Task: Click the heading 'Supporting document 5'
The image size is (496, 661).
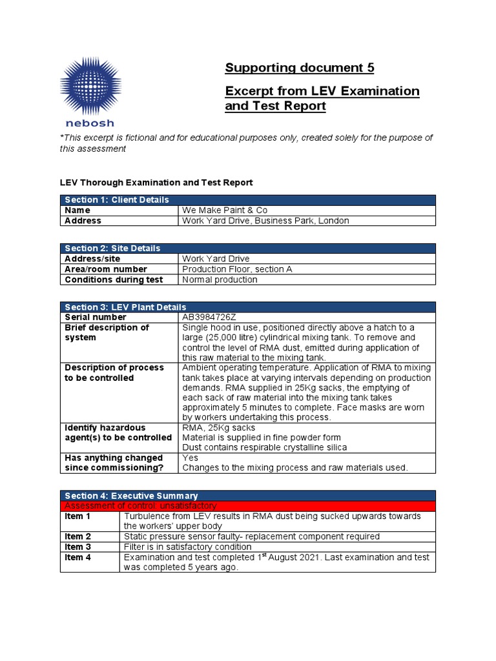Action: (299, 68)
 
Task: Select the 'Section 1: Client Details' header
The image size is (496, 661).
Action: (116, 200)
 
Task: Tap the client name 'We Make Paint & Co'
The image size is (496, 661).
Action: (225, 210)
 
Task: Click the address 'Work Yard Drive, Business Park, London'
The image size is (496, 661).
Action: (265, 221)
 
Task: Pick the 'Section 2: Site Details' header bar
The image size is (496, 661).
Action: (112, 248)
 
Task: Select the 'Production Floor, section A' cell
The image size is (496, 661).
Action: (237, 269)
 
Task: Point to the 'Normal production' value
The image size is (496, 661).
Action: (220, 280)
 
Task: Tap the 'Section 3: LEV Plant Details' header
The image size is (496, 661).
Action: (124, 307)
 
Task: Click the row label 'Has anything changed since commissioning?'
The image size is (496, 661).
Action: (114, 463)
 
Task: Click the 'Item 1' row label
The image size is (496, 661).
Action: (77, 516)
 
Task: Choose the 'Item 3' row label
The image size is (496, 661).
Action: (77, 547)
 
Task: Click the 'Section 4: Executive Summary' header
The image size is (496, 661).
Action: (130, 495)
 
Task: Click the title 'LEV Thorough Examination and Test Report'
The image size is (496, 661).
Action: (156, 183)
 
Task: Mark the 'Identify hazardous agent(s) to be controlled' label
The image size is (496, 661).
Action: (118, 432)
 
